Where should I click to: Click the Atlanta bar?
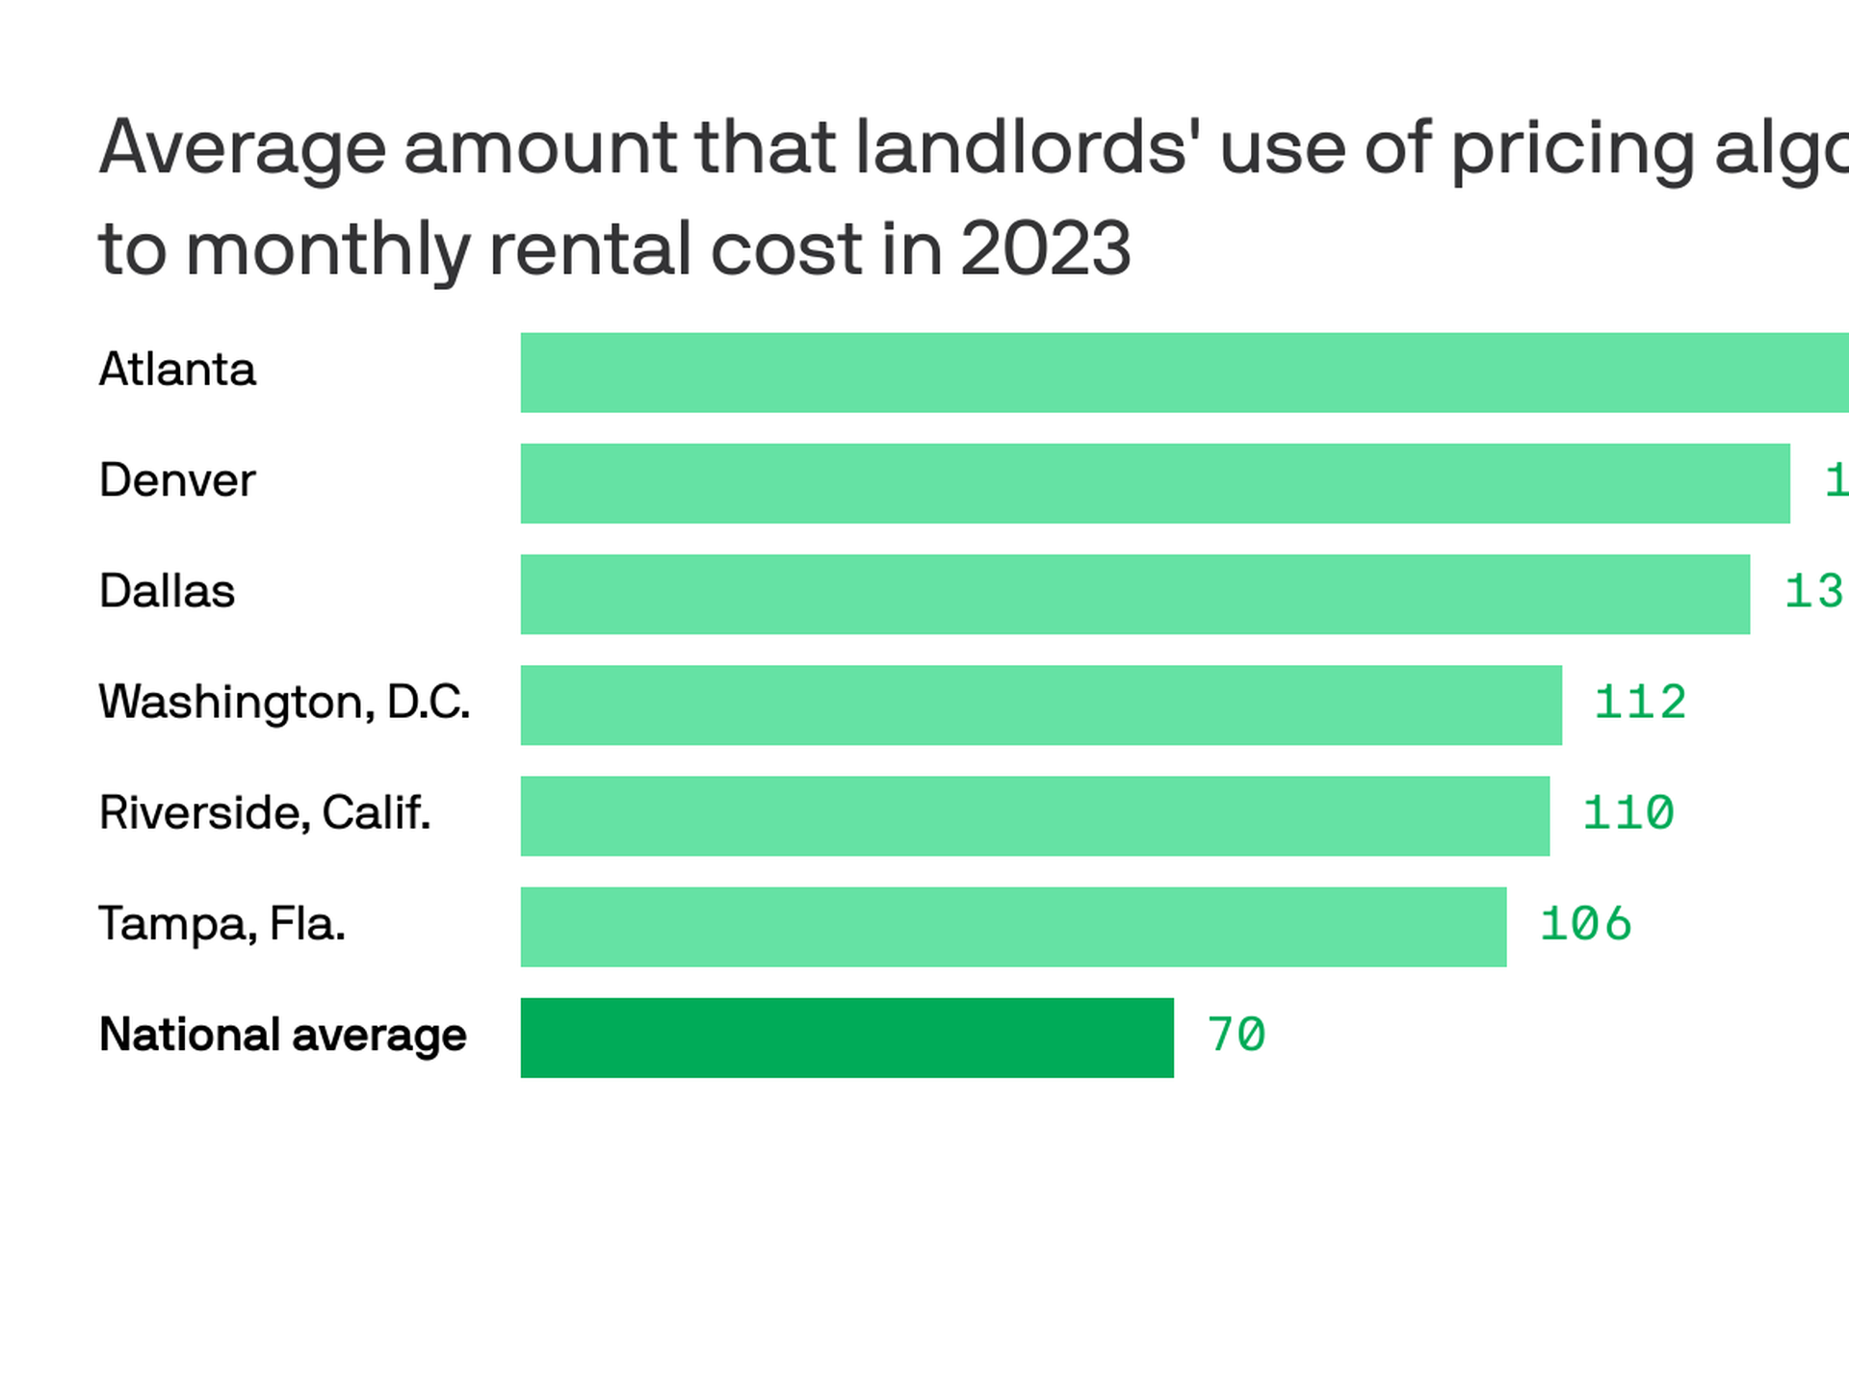tap(1185, 372)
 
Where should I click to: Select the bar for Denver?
tap(1155, 483)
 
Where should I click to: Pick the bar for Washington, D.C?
tap(1041, 705)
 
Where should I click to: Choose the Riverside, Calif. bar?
tap(1035, 815)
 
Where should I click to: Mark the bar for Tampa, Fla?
tap(1013, 926)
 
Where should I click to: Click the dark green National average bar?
tap(846, 1038)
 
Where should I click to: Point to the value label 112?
tap(1640, 703)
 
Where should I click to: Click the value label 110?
tap(1628, 813)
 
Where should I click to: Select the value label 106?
tap(1585, 924)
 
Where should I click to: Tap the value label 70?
tap(1236, 1035)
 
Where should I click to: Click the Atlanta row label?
tap(177, 370)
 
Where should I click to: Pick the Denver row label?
tap(177, 480)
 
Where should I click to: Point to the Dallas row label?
tap(167, 591)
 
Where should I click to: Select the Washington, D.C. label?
tap(284, 702)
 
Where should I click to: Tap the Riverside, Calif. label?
tap(265, 812)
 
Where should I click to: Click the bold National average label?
tap(282, 1035)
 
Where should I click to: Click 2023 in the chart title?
tap(1045, 248)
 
